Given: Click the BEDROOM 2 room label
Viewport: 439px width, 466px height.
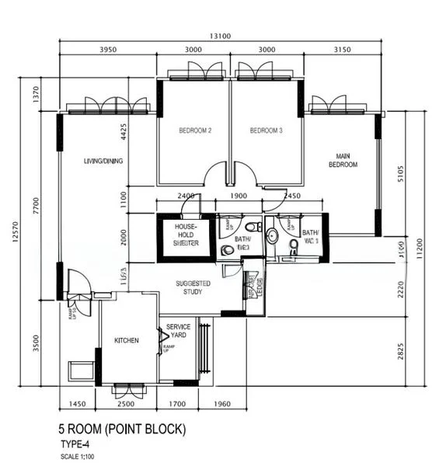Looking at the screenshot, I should (195, 131).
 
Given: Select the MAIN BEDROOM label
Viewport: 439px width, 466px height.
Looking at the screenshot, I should (342, 161).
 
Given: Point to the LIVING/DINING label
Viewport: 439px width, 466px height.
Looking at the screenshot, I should (103, 162).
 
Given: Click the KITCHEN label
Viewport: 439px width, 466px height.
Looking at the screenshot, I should (127, 341).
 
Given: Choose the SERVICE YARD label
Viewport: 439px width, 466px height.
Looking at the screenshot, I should (178, 331).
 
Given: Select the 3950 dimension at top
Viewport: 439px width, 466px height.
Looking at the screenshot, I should (108, 50).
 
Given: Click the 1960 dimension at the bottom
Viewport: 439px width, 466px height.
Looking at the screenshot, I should (221, 404).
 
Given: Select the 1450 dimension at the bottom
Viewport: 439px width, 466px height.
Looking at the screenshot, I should (78, 404).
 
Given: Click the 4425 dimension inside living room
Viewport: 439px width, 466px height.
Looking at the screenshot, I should (123, 133).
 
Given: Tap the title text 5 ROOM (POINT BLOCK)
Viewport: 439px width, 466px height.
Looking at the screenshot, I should (122, 429).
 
